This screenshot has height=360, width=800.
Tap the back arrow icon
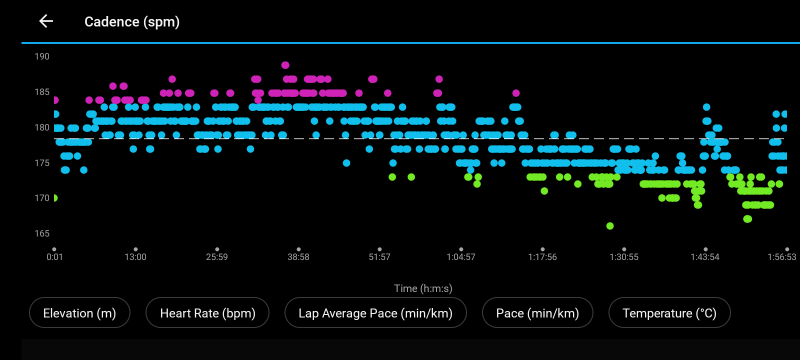[46, 21]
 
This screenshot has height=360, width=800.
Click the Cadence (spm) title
[132, 22]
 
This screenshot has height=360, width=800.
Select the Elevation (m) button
[79, 313]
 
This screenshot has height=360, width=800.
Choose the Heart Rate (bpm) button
[207, 313]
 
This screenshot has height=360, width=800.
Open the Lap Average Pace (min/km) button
[375, 313]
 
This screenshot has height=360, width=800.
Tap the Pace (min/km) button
[537, 313]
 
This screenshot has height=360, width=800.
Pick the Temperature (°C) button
[669, 313]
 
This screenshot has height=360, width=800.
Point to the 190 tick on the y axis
[42, 56]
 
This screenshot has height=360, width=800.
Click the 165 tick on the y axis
[42, 233]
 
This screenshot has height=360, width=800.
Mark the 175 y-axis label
[42, 163]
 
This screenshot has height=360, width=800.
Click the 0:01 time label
[54, 257]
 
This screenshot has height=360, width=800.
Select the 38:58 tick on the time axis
[298, 257]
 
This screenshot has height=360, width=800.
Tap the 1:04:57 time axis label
[461, 257]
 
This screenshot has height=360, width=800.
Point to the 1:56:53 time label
[781, 257]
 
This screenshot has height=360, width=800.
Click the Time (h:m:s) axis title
[423, 288]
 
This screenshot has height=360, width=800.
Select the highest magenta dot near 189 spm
[285, 65]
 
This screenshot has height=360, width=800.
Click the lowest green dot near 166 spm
[610, 226]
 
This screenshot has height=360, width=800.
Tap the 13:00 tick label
[135, 257]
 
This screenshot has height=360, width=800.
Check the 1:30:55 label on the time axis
[624, 257]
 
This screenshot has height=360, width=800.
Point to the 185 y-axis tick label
[42, 92]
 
